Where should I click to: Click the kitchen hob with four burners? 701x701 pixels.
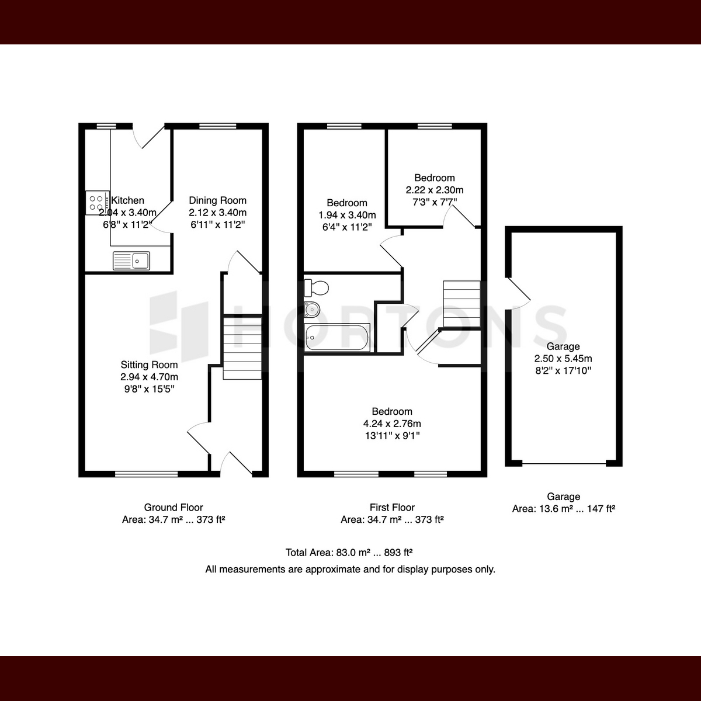(x=98, y=203)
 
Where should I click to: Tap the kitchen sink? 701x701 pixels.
(x=131, y=261)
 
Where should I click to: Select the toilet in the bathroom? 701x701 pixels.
(x=316, y=288)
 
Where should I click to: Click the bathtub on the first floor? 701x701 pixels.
(x=337, y=338)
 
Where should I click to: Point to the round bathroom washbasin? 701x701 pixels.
(x=312, y=310)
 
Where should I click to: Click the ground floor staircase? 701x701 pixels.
(x=242, y=348)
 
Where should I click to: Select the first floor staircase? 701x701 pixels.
(x=461, y=304)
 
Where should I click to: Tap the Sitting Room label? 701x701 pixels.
(x=149, y=365)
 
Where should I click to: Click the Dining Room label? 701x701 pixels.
(x=217, y=200)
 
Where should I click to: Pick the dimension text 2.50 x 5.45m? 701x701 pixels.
(x=563, y=358)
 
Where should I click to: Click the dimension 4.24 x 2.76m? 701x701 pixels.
(x=392, y=424)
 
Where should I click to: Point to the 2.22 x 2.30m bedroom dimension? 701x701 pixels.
(x=435, y=190)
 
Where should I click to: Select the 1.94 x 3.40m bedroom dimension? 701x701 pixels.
(x=347, y=215)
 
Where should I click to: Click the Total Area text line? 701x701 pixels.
(x=349, y=553)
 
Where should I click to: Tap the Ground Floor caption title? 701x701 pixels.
(x=173, y=507)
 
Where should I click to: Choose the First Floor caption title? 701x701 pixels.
(x=392, y=507)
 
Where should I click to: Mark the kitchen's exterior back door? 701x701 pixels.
(x=149, y=136)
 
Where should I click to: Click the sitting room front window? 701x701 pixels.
(x=146, y=474)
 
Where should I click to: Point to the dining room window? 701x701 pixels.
(x=217, y=126)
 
